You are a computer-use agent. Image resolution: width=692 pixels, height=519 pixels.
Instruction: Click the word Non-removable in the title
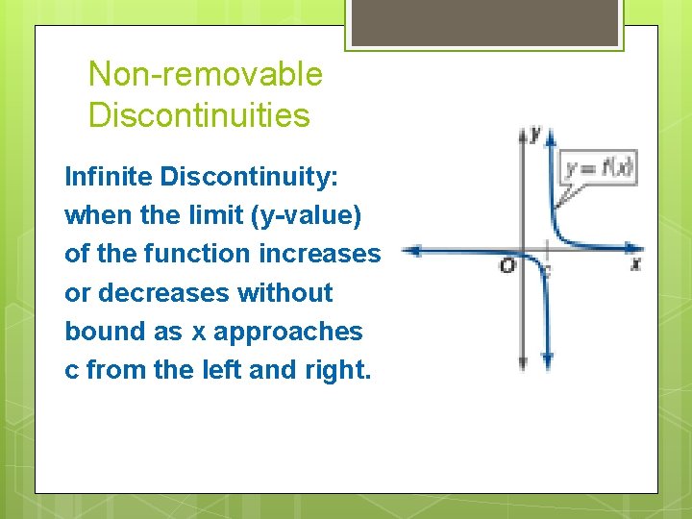click(205, 74)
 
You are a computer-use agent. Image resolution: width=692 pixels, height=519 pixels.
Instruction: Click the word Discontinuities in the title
click(199, 116)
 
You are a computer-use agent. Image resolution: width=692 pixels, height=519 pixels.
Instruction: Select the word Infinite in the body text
click(109, 178)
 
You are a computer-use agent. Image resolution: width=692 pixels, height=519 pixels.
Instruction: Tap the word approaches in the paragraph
click(288, 332)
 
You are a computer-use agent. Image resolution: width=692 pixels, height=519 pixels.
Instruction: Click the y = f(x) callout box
click(599, 169)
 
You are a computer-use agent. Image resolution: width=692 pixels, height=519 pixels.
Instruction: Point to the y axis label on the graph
click(534, 133)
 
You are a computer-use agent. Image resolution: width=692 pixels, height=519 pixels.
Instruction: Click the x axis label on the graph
click(636, 263)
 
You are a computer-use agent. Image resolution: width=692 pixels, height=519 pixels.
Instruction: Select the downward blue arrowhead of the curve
click(547, 362)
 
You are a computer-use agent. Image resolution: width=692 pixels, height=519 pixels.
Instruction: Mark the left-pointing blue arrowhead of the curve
click(408, 251)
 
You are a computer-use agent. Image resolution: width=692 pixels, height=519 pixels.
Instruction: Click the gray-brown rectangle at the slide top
click(484, 22)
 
